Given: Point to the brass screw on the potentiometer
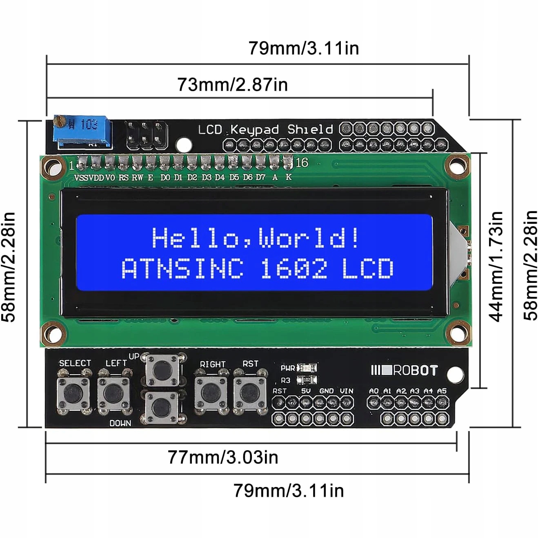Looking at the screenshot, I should [x=59, y=120].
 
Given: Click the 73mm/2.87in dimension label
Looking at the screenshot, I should [x=232, y=84].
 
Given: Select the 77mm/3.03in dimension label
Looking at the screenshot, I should [x=223, y=457].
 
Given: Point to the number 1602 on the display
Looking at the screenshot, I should [x=293, y=269].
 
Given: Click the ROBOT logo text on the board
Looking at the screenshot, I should [x=415, y=370].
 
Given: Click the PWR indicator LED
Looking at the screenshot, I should [x=307, y=368].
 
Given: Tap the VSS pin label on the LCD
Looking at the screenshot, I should [x=81, y=178].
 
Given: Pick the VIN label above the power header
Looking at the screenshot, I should [x=346, y=391].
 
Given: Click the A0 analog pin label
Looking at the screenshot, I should [x=373, y=391].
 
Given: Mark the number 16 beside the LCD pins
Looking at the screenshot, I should [x=301, y=163].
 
